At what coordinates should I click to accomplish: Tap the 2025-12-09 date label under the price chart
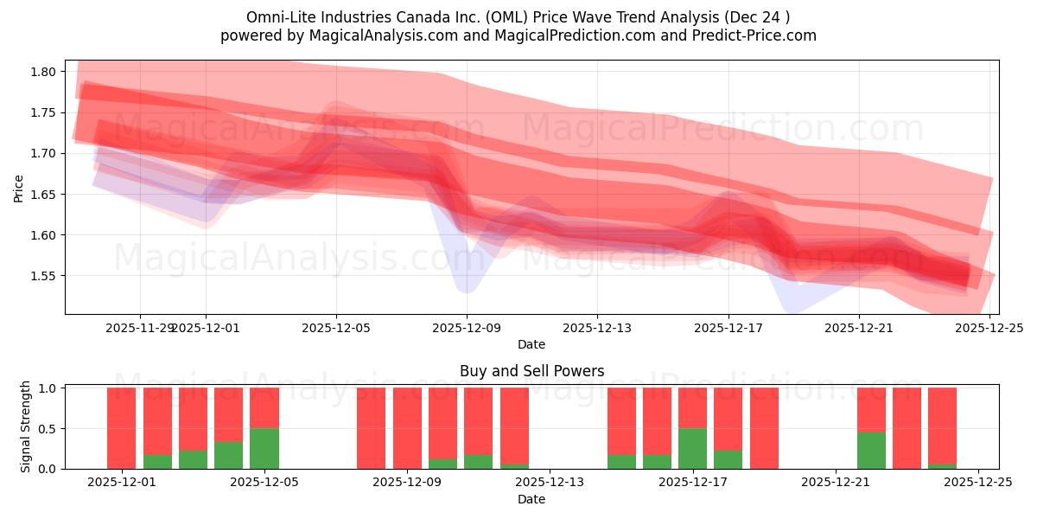467,328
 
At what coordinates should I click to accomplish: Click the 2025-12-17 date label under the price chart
728,328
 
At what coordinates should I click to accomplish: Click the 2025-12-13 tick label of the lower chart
550,482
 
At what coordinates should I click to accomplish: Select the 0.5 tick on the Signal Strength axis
48,428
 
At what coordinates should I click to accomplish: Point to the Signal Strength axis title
26,426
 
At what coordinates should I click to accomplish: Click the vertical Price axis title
19,188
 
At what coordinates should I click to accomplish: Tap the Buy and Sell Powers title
531,371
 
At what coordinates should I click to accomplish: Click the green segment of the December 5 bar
264,448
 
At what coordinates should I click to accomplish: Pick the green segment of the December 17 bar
692,448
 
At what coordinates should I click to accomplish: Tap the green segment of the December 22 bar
871,450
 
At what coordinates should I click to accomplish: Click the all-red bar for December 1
121,428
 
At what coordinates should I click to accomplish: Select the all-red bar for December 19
764,428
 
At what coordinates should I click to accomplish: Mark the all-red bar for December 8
371,428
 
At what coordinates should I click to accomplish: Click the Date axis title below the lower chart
531,499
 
